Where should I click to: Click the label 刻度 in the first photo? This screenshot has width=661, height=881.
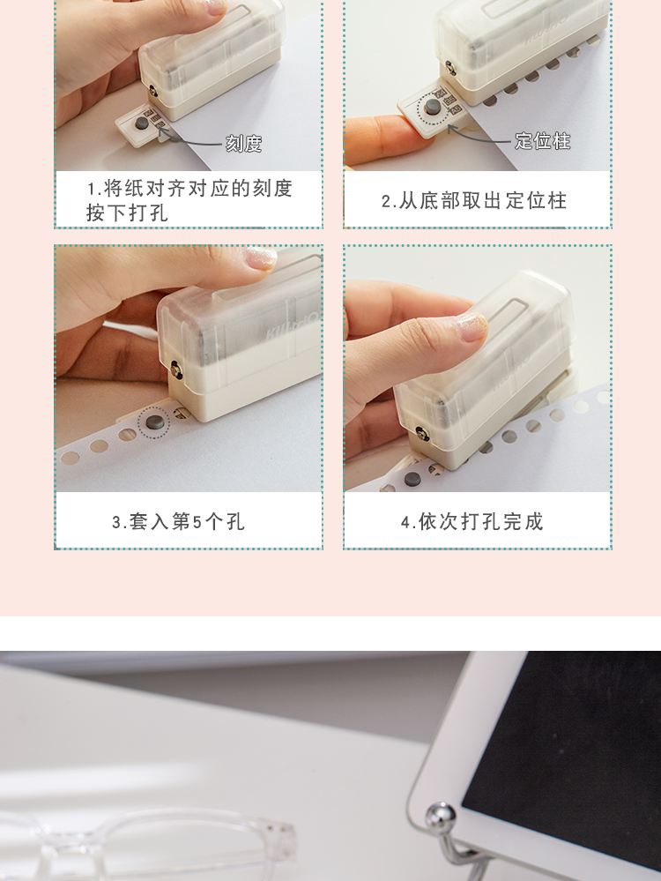click(244, 144)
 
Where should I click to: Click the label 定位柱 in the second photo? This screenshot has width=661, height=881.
click(543, 141)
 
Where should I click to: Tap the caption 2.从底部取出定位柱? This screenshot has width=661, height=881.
click(474, 200)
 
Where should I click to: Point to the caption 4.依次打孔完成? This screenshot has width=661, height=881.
click(472, 521)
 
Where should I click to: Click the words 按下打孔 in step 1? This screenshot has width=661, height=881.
click(127, 213)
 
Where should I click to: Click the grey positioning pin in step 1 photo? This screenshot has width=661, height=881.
click(141, 123)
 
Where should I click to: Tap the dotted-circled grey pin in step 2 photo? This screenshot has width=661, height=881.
click(432, 106)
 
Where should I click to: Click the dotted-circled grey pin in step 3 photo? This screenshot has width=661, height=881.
click(154, 421)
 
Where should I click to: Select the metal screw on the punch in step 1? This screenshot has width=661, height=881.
click(152, 90)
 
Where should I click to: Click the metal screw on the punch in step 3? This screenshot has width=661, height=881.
click(175, 370)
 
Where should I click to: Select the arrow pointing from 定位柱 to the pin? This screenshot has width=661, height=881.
click(479, 135)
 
